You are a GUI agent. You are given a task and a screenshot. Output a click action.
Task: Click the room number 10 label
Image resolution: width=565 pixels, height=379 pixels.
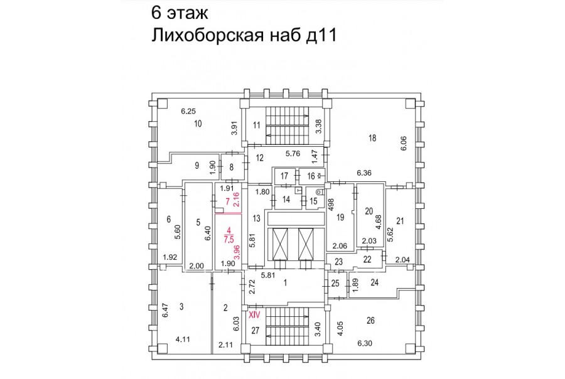coord(198,124)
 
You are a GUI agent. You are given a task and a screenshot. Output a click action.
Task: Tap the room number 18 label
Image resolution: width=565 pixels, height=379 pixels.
coord(372,137)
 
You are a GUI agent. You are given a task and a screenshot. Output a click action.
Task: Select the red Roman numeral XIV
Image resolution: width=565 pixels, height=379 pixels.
coord(255,314)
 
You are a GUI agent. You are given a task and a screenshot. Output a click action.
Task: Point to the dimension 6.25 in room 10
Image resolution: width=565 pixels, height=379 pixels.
coord(188,111)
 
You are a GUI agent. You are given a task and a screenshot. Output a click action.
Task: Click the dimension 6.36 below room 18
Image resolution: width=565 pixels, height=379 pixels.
coord(364,173)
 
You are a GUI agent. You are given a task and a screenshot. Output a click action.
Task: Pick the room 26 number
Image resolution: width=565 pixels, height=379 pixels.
coord(370,320)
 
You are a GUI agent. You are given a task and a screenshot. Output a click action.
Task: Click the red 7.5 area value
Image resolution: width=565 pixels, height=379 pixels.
coord(229,240)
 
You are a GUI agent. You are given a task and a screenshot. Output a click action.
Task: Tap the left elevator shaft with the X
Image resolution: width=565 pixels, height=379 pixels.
coord(281,244)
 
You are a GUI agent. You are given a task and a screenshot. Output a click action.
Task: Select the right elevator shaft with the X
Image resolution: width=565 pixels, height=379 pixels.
coord(306,244)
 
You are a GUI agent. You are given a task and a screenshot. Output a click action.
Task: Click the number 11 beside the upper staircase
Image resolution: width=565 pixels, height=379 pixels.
coord(257,125)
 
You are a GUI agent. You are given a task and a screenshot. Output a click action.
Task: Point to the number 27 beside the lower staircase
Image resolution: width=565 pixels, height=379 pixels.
coord(255,330)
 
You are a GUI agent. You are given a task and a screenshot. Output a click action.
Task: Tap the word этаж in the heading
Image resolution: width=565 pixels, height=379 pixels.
coord(186,13)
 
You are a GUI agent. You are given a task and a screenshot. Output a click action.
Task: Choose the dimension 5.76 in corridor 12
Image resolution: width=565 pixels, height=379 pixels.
coord(293,154)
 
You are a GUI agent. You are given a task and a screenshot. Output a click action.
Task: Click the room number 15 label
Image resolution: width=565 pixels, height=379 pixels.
coord(313,201)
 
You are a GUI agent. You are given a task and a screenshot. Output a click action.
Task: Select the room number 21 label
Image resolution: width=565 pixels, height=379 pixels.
coord(400,222)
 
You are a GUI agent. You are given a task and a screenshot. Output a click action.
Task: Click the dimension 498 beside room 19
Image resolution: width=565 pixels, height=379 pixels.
coord(331,205)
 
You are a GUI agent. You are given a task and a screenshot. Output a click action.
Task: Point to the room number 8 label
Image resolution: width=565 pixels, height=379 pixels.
coord(231,167)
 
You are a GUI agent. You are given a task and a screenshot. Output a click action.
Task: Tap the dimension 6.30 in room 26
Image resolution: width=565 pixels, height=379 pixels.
coord(365,343)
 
